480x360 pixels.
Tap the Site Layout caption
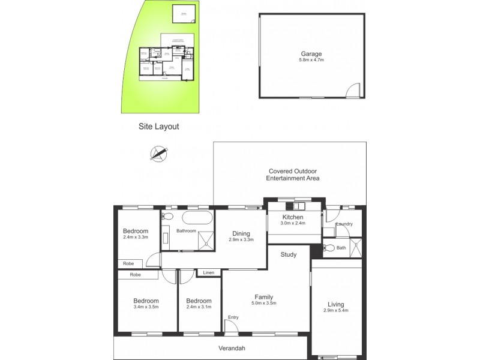point(158,127)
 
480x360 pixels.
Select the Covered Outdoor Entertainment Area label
point(293,174)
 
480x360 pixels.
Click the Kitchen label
point(292,217)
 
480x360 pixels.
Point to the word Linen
point(208,273)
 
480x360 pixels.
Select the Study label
point(289,254)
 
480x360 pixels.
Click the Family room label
point(264,297)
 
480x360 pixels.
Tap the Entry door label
point(232,317)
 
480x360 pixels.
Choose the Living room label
point(336,304)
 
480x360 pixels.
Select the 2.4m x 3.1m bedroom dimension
point(199,308)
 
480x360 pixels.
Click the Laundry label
point(344,224)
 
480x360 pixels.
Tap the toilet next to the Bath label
point(328,247)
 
